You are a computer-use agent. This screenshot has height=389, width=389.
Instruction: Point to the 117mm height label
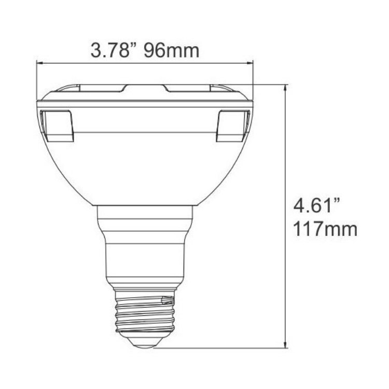pyautogui.click(x=325, y=228)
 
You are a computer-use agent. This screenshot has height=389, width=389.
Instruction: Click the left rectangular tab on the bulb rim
pyautogui.click(x=58, y=126)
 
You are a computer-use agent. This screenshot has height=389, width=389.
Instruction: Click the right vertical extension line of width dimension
pyautogui.click(x=253, y=78)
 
